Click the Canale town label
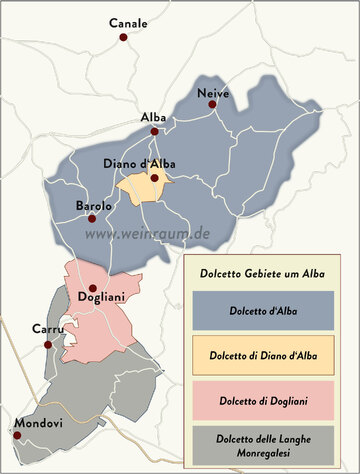[x=128, y=22]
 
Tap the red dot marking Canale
[x=124, y=37]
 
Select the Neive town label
[x=213, y=93]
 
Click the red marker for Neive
[x=211, y=107]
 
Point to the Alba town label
[x=154, y=117]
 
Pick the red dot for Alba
[x=155, y=131]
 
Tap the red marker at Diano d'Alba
[x=155, y=178]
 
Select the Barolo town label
[x=94, y=206]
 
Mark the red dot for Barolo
[x=91, y=218]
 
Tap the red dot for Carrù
[x=47, y=344]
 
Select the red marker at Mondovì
[x=17, y=434]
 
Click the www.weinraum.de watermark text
[x=147, y=233]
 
